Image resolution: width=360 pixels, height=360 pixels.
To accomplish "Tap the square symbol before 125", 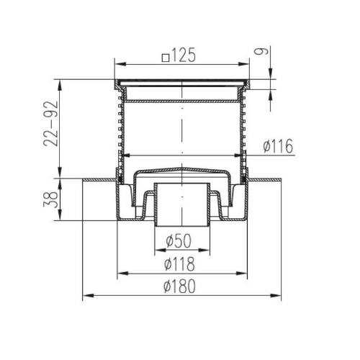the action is (166, 58).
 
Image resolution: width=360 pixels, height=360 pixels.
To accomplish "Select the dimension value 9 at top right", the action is (261, 51).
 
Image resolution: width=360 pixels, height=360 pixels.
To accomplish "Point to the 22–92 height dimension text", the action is (50, 124).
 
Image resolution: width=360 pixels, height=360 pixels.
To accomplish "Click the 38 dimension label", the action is (50, 199).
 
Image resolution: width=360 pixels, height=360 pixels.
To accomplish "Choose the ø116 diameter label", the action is (278, 145).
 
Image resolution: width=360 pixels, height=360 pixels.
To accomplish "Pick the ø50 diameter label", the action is (179, 240).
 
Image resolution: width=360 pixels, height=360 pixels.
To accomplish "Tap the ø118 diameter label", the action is (179, 264).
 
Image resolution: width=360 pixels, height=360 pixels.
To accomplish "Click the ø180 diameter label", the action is (179, 286).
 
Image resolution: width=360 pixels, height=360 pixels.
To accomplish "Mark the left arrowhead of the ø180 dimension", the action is (88, 295).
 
